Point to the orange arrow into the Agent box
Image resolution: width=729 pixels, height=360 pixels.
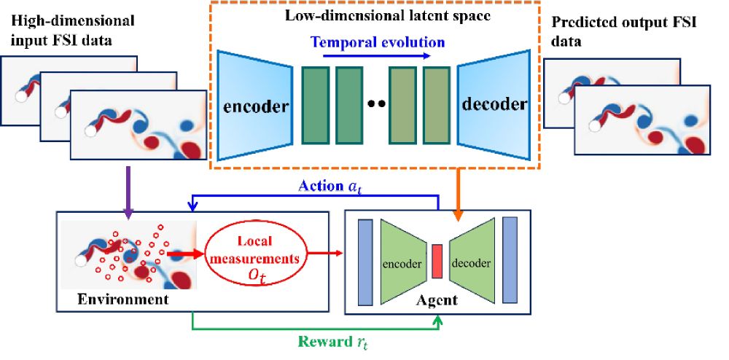pyautogui.click(x=459, y=192)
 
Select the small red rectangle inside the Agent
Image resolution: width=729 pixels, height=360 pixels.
pyautogui.click(x=437, y=262)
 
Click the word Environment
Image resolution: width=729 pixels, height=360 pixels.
pyautogui.click(x=114, y=299)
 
